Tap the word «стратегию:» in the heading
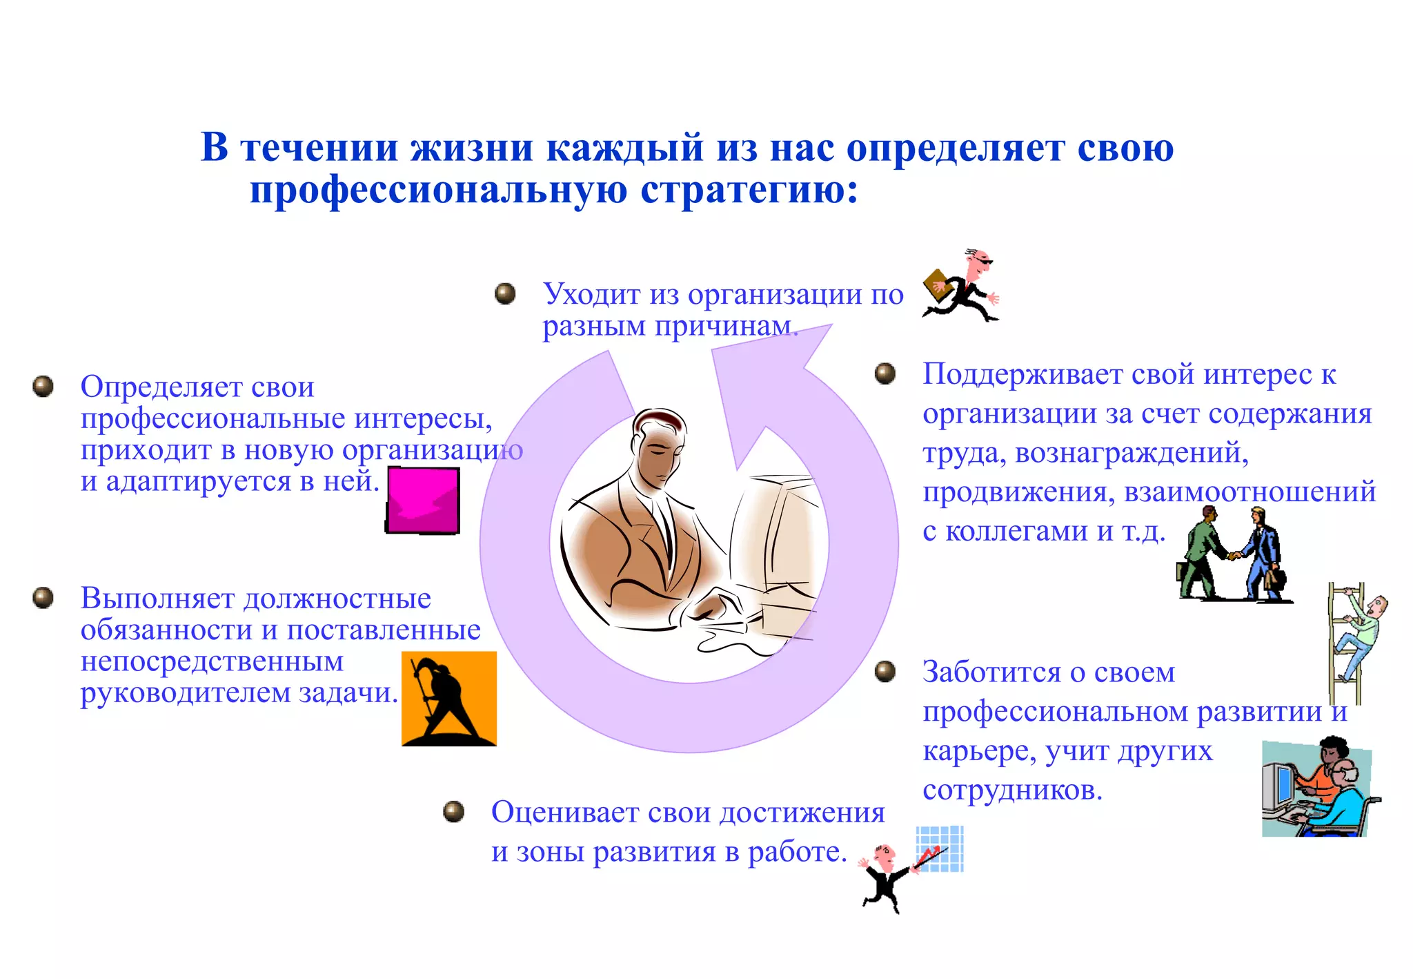coord(749,190)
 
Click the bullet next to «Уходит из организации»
coord(505,293)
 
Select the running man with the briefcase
coord(961,287)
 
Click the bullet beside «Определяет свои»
coord(43,386)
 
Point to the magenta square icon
coord(423,501)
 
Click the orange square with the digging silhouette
coord(449,699)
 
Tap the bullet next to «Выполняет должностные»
coord(43,597)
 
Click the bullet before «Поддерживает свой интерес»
coord(885,374)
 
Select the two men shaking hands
coord(1233,554)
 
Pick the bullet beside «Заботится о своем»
coord(885,671)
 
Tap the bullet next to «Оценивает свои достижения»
coord(453,811)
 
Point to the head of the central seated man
coord(659,442)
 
